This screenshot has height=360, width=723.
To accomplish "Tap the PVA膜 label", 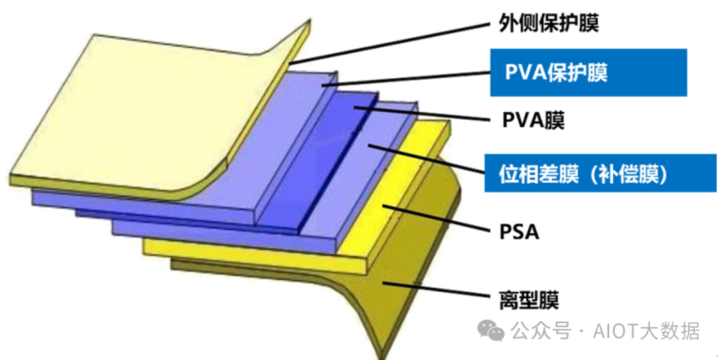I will [x=533, y=121].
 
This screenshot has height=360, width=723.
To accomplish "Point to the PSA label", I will [x=519, y=233].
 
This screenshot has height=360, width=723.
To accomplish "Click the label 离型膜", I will [x=528, y=299].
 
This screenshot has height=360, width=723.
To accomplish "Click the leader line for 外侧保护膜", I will [x=395, y=41].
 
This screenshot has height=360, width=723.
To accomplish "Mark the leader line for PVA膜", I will [x=422, y=114].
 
